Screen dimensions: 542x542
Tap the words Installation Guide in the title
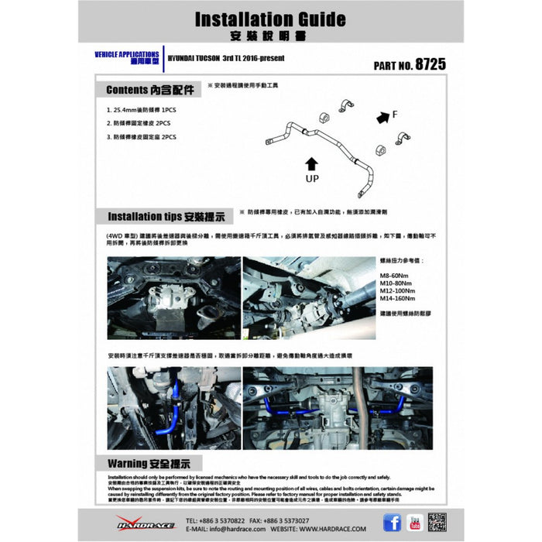(x=270, y=19)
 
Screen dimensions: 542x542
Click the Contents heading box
(x=147, y=89)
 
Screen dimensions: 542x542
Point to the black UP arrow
(x=310, y=163)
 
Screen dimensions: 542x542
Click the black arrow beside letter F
(x=381, y=118)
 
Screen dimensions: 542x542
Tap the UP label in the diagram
(x=310, y=178)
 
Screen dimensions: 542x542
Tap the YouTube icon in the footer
(x=415, y=523)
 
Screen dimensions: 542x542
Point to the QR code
(x=438, y=523)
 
